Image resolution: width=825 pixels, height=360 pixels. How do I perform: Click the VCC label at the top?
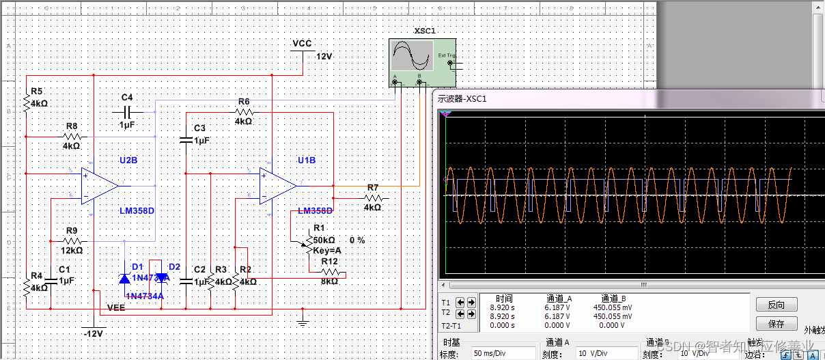pos(302,44)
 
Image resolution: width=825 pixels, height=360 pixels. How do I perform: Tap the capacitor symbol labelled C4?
pos(128,111)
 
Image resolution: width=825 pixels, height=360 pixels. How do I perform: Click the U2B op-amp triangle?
pos(99,186)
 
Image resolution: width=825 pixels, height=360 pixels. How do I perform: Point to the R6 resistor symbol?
pos(244,111)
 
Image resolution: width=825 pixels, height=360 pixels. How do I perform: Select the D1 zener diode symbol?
pos(125,278)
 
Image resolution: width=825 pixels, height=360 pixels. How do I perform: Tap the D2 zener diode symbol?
pos(161,277)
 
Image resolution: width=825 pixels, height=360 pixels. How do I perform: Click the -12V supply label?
pos(92,334)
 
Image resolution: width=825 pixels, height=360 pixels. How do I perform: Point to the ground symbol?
pos(303,318)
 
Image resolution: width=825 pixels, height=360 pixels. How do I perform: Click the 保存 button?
pos(776,324)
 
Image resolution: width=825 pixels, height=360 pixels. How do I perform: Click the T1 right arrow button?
pos(471,302)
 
